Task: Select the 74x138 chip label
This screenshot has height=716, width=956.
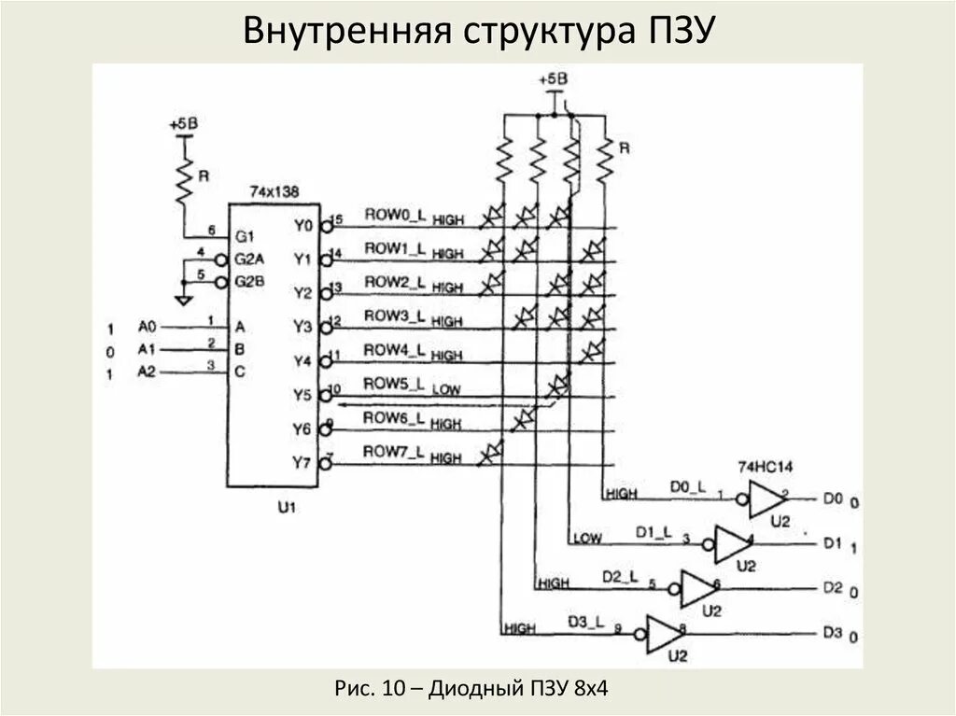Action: pos(274,191)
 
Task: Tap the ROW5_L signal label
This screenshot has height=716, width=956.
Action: pos(393,383)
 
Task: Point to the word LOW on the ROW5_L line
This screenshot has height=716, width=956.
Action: pos(447,389)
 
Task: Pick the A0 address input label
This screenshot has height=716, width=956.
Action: pos(148,326)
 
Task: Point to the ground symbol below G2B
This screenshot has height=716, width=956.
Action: pos(183,298)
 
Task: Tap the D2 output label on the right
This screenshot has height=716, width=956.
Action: pos(831,588)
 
